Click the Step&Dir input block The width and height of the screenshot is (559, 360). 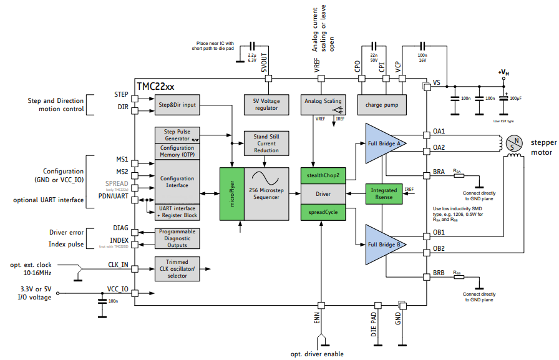[177, 105]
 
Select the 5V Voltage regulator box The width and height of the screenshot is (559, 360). [266, 105]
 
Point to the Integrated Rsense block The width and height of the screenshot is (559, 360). [383, 193]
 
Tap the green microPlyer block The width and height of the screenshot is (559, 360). [231, 194]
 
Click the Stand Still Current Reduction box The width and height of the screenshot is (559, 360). [266, 144]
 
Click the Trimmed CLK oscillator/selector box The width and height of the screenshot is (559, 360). [177, 268]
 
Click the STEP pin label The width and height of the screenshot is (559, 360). [121, 95]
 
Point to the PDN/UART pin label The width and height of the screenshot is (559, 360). [114, 196]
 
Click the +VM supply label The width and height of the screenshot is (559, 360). [503, 74]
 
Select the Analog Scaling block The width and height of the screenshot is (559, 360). [323, 101]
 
